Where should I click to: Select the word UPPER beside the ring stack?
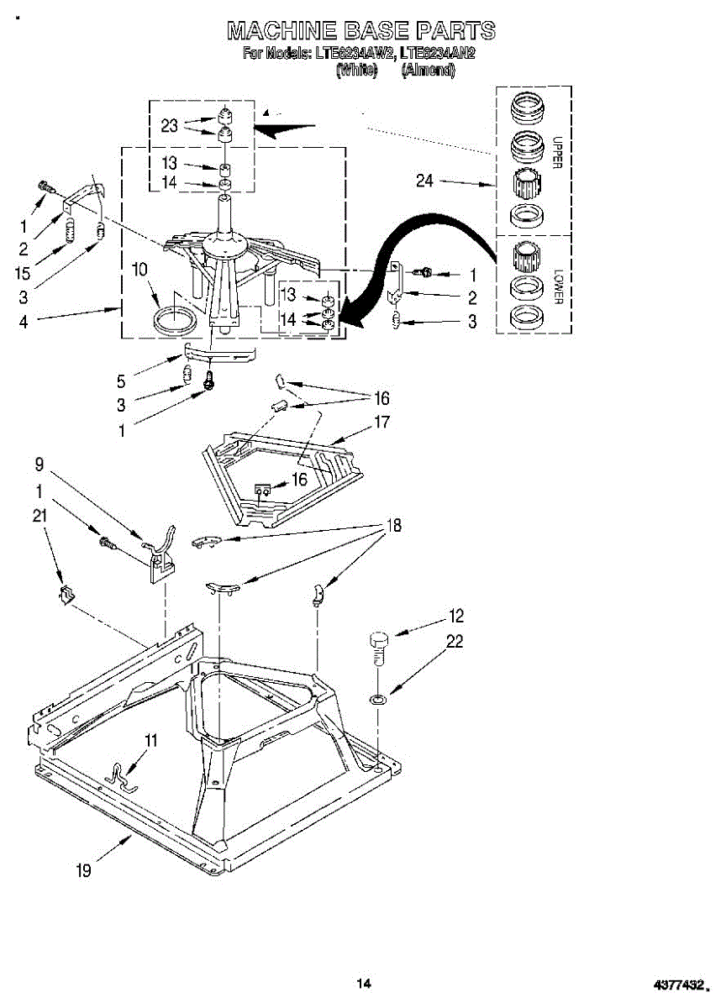click(556, 154)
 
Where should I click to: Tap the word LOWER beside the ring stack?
click(556, 287)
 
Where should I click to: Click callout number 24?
click(425, 181)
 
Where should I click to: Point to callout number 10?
click(140, 270)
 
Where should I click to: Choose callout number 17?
click(381, 423)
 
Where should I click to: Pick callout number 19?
click(83, 871)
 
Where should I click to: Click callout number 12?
click(456, 617)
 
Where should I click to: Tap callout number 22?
click(455, 642)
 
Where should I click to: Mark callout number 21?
click(39, 517)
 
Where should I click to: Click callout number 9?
click(39, 464)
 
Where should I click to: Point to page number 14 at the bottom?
click(363, 983)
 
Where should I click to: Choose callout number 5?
click(122, 381)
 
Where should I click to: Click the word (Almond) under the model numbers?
click(429, 71)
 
